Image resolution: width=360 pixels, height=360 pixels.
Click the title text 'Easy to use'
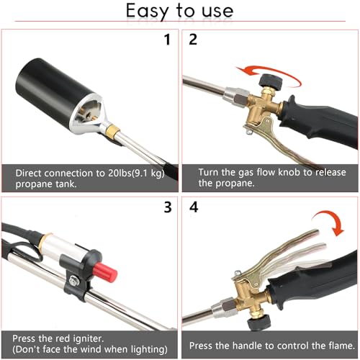coord(179,11)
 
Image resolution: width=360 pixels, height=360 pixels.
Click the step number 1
coord(167,40)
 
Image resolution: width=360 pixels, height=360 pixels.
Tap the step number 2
coord(193,40)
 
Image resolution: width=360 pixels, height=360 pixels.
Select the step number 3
coord(167,209)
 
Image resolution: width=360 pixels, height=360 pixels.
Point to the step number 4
coord(193,209)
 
